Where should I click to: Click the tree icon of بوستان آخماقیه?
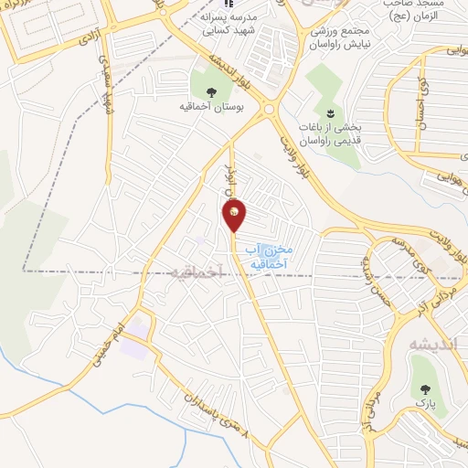pos(211,92)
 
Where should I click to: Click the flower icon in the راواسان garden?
pos(331,112)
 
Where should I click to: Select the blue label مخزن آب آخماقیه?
pos(271,256)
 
